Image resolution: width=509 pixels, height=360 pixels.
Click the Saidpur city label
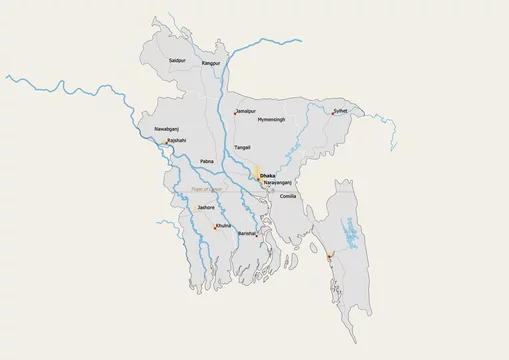(178, 62)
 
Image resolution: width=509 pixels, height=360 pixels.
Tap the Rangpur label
(210, 63)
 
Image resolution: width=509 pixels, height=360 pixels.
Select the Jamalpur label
(247, 111)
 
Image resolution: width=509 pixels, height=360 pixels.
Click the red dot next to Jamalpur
(235, 113)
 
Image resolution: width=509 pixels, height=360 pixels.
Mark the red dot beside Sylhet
(333, 113)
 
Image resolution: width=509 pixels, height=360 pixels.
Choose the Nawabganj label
(167, 130)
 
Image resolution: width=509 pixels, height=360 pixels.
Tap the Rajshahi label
(176, 141)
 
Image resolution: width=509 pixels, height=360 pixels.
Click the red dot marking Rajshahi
(166, 143)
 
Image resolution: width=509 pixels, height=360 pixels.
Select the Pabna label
(207, 160)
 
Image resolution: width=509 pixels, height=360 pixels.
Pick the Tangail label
(242, 147)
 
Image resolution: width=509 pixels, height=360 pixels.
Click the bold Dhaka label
(267, 177)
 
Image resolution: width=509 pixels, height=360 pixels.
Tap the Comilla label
(289, 196)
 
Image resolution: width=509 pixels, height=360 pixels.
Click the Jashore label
(206, 207)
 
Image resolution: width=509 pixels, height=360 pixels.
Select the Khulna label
(223, 226)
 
